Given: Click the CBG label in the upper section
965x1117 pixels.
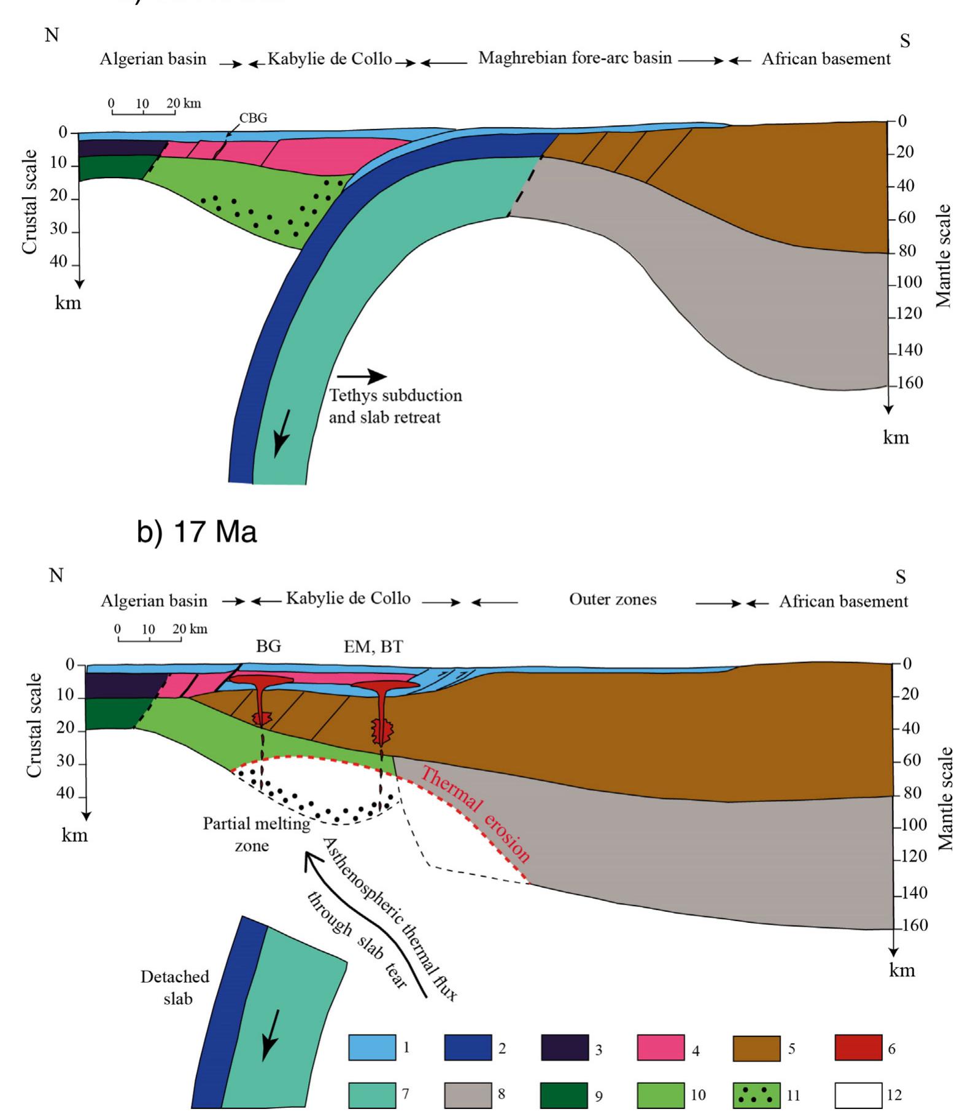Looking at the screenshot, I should click(x=253, y=118).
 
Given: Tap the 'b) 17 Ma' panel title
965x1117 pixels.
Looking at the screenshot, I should click(x=196, y=532).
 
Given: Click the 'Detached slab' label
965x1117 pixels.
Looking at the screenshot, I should click(x=175, y=987).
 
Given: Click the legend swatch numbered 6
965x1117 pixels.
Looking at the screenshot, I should click(x=858, y=1048).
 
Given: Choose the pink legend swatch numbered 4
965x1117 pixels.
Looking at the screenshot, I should click(x=661, y=1048).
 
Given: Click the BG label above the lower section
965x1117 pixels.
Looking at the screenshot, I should click(x=268, y=646).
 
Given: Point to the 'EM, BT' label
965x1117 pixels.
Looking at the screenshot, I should click(x=373, y=647).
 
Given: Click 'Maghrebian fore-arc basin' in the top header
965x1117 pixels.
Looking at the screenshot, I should click(x=575, y=58).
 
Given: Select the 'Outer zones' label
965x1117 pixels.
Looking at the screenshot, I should click(x=613, y=599).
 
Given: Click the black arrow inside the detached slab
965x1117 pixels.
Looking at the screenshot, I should click(x=271, y=1035).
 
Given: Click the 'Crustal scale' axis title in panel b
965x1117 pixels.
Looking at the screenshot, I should click(x=34, y=725).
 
